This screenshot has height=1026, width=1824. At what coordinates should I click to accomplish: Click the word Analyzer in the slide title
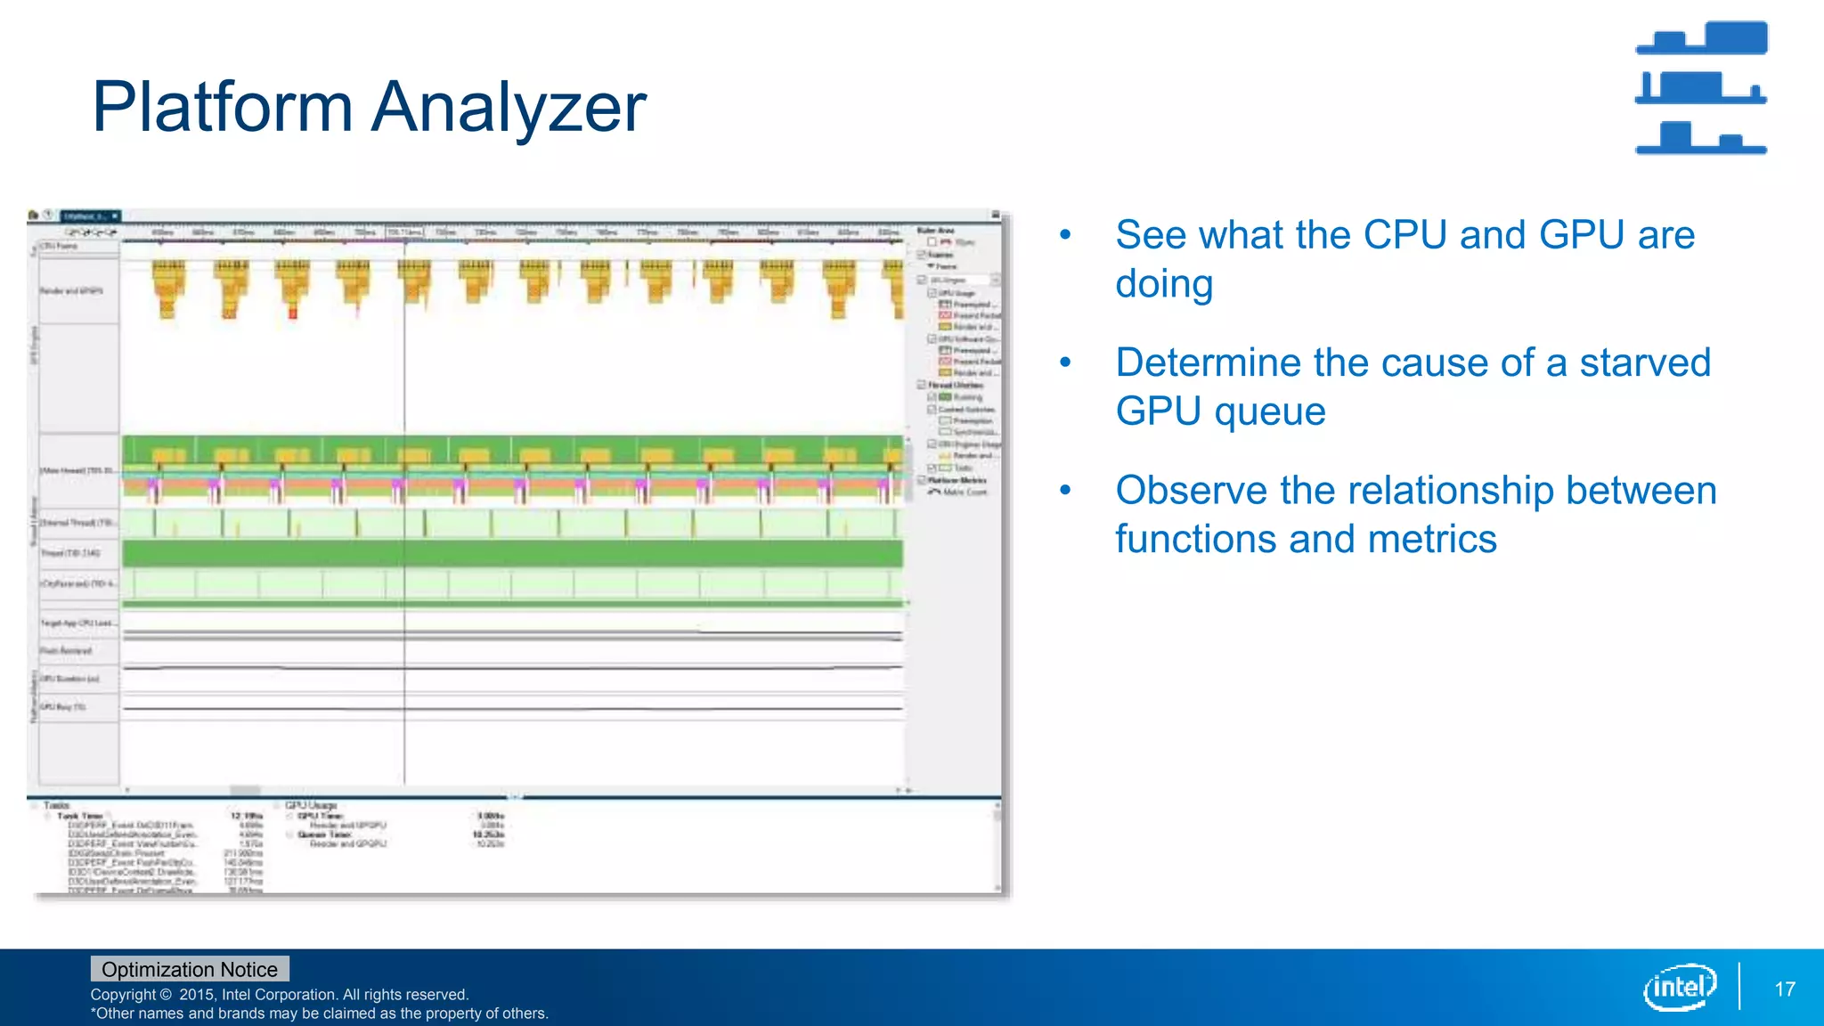pyautogui.click(x=509, y=108)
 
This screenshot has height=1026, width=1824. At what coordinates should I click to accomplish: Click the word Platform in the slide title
pyautogui.click(x=223, y=108)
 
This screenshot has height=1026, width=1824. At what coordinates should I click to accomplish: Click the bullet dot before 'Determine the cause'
pyautogui.click(x=1065, y=362)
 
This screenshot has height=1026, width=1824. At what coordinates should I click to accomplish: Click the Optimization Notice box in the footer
pyautogui.click(x=190, y=969)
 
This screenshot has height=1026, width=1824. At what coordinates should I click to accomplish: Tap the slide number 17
pyautogui.click(x=1784, y=989)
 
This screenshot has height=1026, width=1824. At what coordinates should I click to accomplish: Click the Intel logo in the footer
pyautogui.click(x=1680, y=987)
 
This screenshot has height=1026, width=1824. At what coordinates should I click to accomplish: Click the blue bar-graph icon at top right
pyautogui.click(x=1701, y=87)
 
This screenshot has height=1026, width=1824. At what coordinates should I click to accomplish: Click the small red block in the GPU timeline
pyautogui.click(x=292, y=313)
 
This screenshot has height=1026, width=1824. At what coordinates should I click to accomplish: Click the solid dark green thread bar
pyautogui.click(x=512, y=554)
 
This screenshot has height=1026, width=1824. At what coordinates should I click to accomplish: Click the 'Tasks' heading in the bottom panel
pyautogui.click(x=56, y=805)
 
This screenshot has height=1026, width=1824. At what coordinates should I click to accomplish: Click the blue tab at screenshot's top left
pyautogui.click(x=90, y=216)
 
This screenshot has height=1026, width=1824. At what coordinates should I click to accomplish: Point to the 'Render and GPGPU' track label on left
pyautogui.click(x=71, y=291)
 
